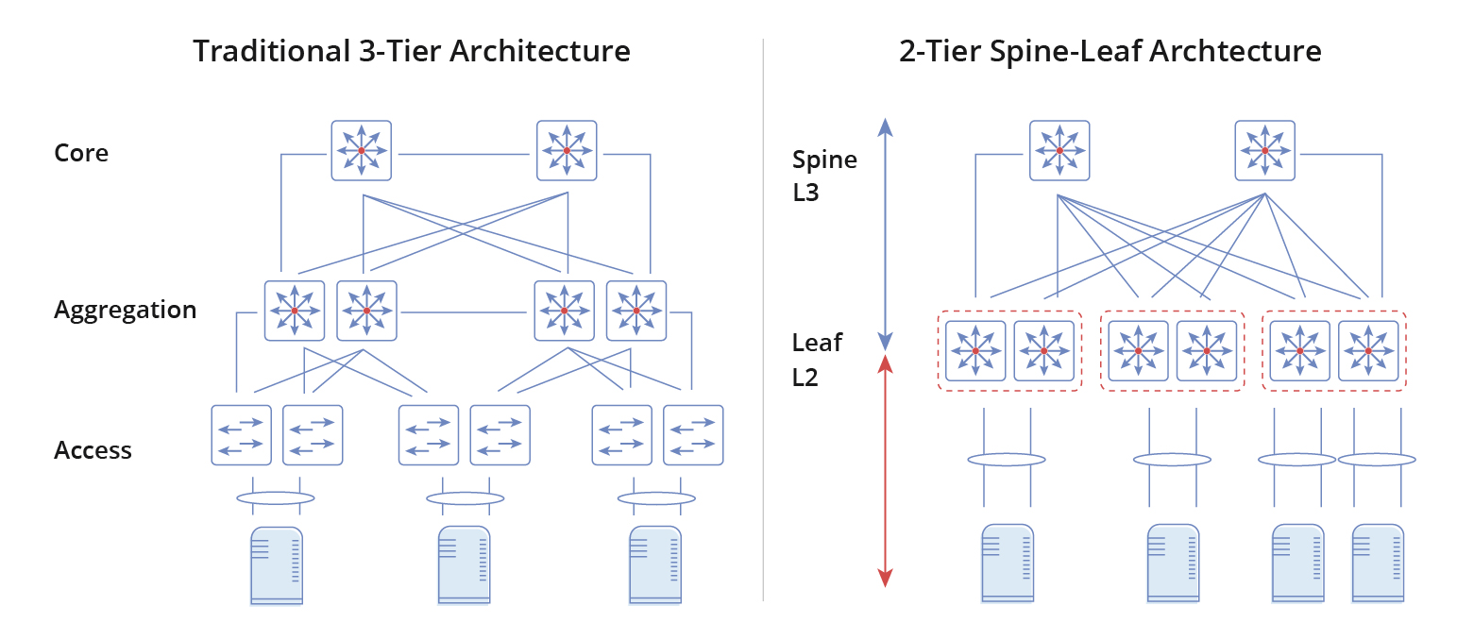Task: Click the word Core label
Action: click(x=81, y=153)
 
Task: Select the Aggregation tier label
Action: click(x=125, y=311)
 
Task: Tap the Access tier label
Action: click(x=93, y=450)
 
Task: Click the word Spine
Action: click(x=824, y=160)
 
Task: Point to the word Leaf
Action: click(x=817, y=343)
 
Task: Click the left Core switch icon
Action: click(x=361, y=150)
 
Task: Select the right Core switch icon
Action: click(x=567, y=150)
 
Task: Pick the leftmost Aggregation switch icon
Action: click(x=295, y=311)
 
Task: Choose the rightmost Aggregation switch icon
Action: click(x=636, y=311)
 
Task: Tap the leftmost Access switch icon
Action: click(x=241, y=435)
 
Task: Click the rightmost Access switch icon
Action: click(x=693, y=435)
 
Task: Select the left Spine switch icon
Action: click(x=1059, y=150)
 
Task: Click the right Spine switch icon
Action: click(x=1265, y=150)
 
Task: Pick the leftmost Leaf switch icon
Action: click(x=975, y=351)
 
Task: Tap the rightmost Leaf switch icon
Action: click(x=1369, y=351)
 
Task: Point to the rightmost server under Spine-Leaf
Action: click(x=1377, y=563)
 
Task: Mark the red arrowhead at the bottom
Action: click(x=885, y=577)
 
